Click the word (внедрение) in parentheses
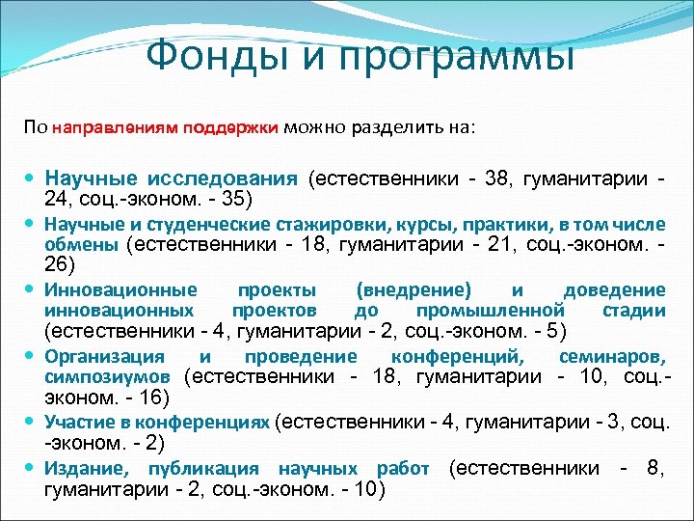point(414,290)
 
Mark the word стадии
point(632,310)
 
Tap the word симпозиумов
point(108,375)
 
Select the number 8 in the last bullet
point(655,469)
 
